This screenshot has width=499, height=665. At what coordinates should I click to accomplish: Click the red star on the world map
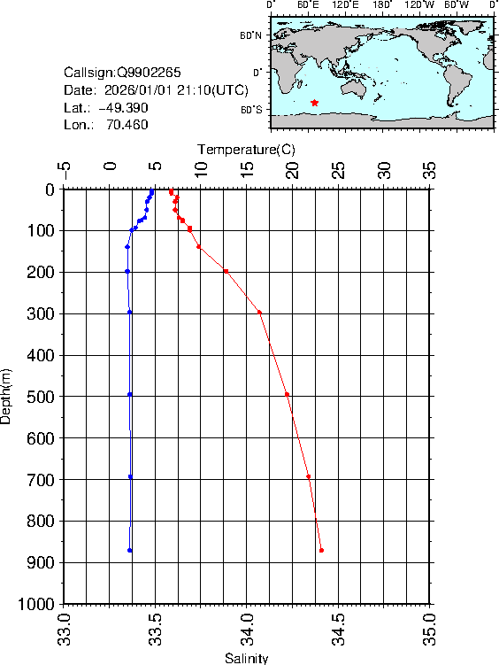pyautogui.click(x=315, y=103)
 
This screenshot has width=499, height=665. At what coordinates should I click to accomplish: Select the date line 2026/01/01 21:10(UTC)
pyautogui.click(x=157, y=89)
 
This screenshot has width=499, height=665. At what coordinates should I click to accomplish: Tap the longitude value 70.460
pyautogui.click(x=127, y=125)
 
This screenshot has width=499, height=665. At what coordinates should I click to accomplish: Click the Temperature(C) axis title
pyautogui.click(x=246, y=149)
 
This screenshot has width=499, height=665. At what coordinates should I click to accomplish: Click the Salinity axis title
pyautogui.click(x=246, y=658)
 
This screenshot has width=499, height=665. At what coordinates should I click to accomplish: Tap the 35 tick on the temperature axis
pyautogui.click(x=430, y=169)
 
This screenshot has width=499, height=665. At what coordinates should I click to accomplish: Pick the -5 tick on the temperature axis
pyautogui.click(x=64, y=169)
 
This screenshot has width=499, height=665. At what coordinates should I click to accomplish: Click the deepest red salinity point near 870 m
pyautogui.click(x=321, y=550)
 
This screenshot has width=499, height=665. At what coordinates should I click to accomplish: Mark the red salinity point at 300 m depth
pyautogui.click(x=259, y=312)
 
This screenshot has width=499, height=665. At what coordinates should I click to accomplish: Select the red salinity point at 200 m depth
pyautogui.click(x=226, y=271)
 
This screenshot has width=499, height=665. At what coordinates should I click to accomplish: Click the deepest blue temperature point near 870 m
pyautogui.click(x=130, y=550)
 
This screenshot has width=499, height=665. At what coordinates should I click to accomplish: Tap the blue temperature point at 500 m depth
pyautogui.click(x=130, y=394)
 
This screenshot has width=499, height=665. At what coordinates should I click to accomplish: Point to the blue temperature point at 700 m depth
pyautogui.click(x=130, y=476)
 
